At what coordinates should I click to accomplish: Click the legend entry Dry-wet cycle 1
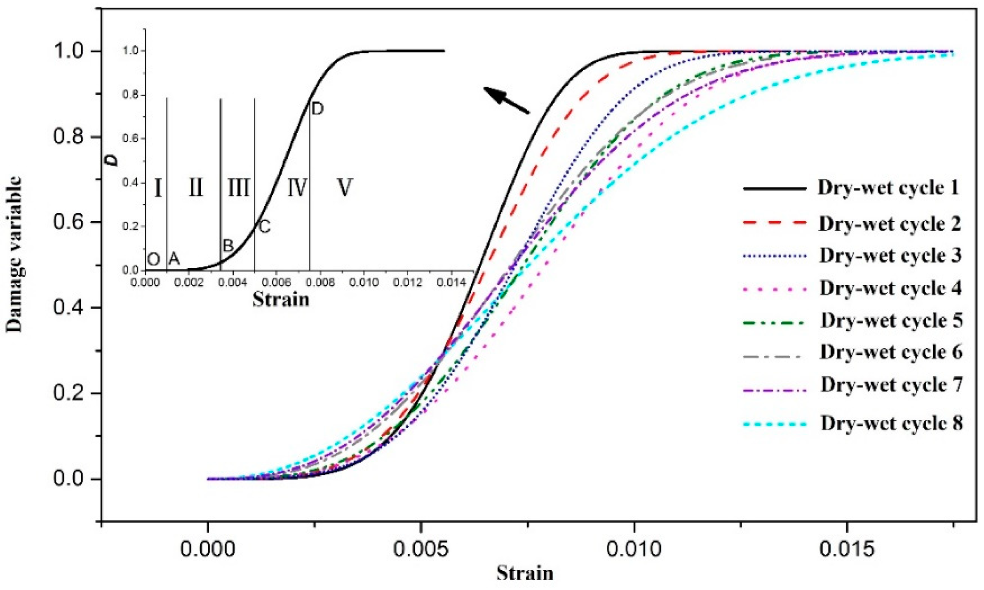pos(888,188)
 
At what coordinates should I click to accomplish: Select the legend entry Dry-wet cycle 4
pos(890,288)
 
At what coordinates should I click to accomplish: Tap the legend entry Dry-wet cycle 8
pos(892,423)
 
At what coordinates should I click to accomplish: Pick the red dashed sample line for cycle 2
pos(775,223)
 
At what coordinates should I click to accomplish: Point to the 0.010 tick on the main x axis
pos(634,524)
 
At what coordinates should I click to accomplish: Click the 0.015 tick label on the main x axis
pos(847,549)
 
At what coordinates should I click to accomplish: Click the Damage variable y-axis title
pos(14,254)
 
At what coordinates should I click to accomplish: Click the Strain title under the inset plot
pos(281,300)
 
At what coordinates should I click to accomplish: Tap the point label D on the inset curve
pos(317,109)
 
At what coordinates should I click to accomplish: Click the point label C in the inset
pos(264,227)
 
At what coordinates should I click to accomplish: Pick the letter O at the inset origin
pos(153,260)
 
